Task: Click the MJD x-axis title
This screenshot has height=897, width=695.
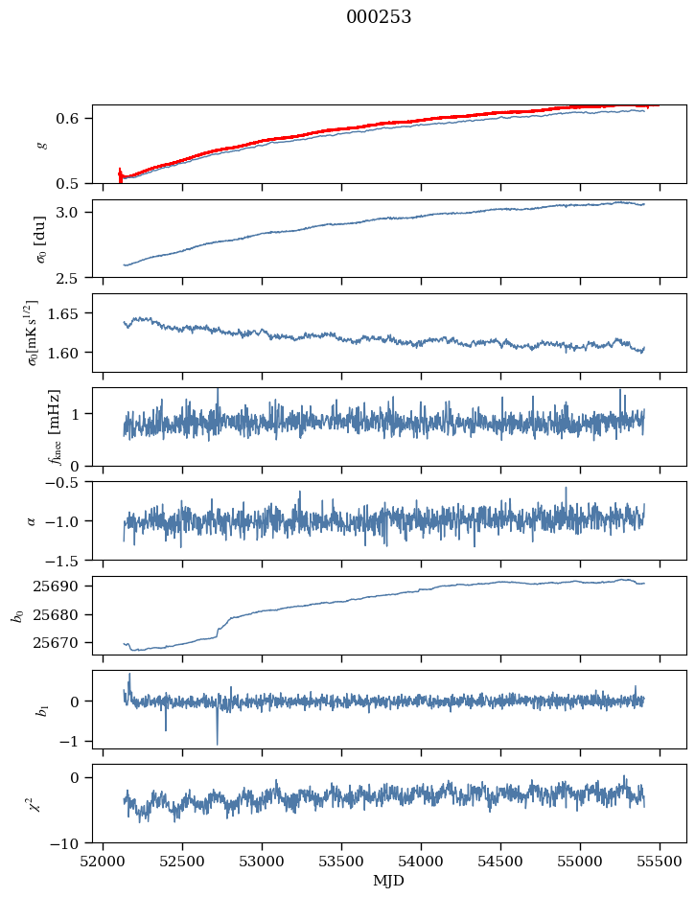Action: [389, 880]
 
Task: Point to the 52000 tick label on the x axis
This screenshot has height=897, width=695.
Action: [104, 861]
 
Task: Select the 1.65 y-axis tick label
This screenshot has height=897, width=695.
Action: [69, 313]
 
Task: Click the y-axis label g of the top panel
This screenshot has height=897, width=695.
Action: [41, 144]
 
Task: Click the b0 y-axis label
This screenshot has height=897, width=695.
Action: [17, 614]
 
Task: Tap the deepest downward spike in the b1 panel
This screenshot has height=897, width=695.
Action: [217, 744]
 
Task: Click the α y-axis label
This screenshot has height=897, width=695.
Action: [32, 520]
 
